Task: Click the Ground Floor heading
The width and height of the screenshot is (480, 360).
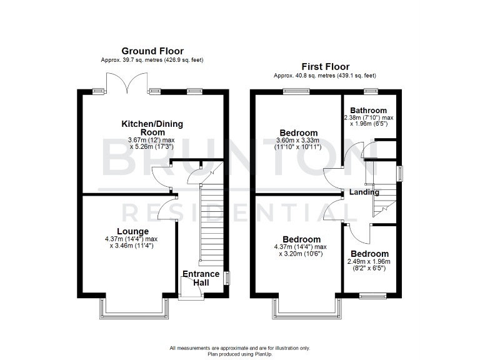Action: (x=152, y=51)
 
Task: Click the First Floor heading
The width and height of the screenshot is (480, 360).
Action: (x=325, y=67)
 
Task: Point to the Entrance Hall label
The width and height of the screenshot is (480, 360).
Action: (x=201, y=278)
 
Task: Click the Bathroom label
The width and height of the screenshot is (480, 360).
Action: (x=368, y=111)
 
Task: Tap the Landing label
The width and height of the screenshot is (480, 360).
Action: (x=364, y=192)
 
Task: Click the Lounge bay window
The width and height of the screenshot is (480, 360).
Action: (x=132, y=307)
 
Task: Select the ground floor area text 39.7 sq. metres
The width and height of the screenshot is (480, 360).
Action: (x=152, y=60)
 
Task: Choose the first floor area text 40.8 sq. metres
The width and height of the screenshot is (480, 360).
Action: (x=325, y=76)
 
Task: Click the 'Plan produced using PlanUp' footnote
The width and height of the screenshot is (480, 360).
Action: (x=240, y=353)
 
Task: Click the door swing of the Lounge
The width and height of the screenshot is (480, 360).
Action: (x=164, y=207)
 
